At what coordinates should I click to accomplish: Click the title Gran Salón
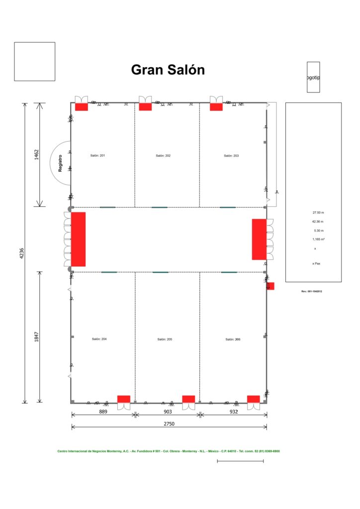pyautogui.click(x=168, y=70)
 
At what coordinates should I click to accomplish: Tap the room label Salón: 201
pyautogui.click(x=97, y=156)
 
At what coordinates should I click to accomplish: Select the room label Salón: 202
pyautogui.click(x=163, y=156)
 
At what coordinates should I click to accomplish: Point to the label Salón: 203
pyautogui.click(x=231, y=156)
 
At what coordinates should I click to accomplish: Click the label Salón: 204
pyautogui.click(x=99, y=339)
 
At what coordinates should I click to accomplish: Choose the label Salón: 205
pyautogui.click(x=165, y=339)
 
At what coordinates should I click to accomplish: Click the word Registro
pyautogui.click(x=60, y=163)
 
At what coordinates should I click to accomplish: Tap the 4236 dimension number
pyautogui.click(x=22, y=254)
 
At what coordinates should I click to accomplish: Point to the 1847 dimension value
pyautogui.click(x=36, y=338)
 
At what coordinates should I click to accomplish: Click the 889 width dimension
pyautogui.click(x=103, y=412)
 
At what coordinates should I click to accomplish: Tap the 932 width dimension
pyautogui.click(x=234, y=412)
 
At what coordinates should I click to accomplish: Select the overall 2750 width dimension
pyautogui.click(x=169, y=424)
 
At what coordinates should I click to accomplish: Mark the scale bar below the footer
pyautogui.click(x=240, y=461)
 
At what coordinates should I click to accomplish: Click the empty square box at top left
pyautogui.click(x=34, y=61)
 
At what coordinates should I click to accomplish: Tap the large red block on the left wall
pyautogui.click(x=79, y=239)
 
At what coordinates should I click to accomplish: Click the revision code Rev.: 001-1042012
pyautogui.click(x=313, y=291)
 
